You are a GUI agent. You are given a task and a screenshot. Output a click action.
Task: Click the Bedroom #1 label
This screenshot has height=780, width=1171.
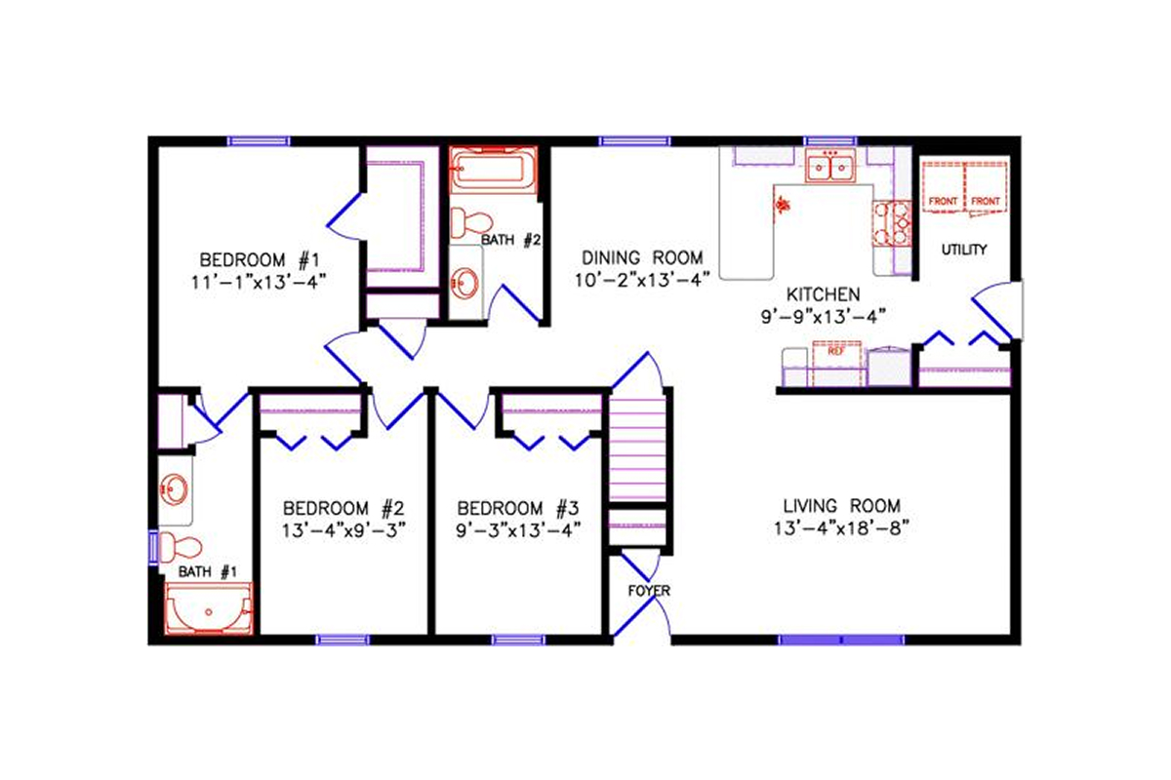[260, 260]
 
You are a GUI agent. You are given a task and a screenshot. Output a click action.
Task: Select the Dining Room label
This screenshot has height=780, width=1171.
[642, 257]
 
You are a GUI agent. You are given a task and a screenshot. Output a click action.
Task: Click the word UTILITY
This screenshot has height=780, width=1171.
[964, 250]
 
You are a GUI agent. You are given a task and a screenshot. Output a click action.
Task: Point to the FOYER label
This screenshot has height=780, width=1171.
[648, 591]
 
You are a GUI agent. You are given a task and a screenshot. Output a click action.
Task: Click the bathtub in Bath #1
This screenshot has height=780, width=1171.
[209, 610]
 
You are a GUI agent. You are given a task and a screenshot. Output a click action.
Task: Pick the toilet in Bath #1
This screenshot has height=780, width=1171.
[181, 546]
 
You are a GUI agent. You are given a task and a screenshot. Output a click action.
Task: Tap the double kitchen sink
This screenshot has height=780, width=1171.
[830, 169]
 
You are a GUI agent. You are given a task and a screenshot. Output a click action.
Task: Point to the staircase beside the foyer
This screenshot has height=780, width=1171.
[636, 448]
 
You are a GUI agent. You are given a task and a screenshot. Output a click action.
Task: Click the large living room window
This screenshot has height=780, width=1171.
[841, 641]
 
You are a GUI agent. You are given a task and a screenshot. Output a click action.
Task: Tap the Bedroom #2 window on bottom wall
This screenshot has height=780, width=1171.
[343, 641]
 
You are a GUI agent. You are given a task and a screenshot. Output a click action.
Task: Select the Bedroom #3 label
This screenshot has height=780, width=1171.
[518, 508]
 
